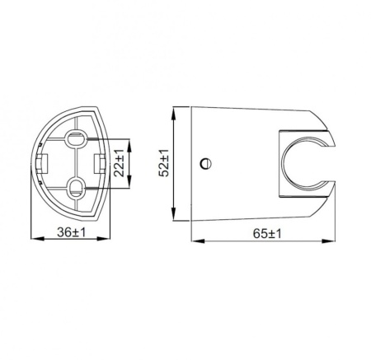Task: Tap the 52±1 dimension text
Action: (x=164, y=163)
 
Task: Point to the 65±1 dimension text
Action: (x=262, y=234)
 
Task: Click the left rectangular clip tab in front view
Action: (x=49, y=161)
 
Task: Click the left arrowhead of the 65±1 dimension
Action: (x=192, y=241)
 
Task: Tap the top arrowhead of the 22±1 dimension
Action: (x=128, y=140)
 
